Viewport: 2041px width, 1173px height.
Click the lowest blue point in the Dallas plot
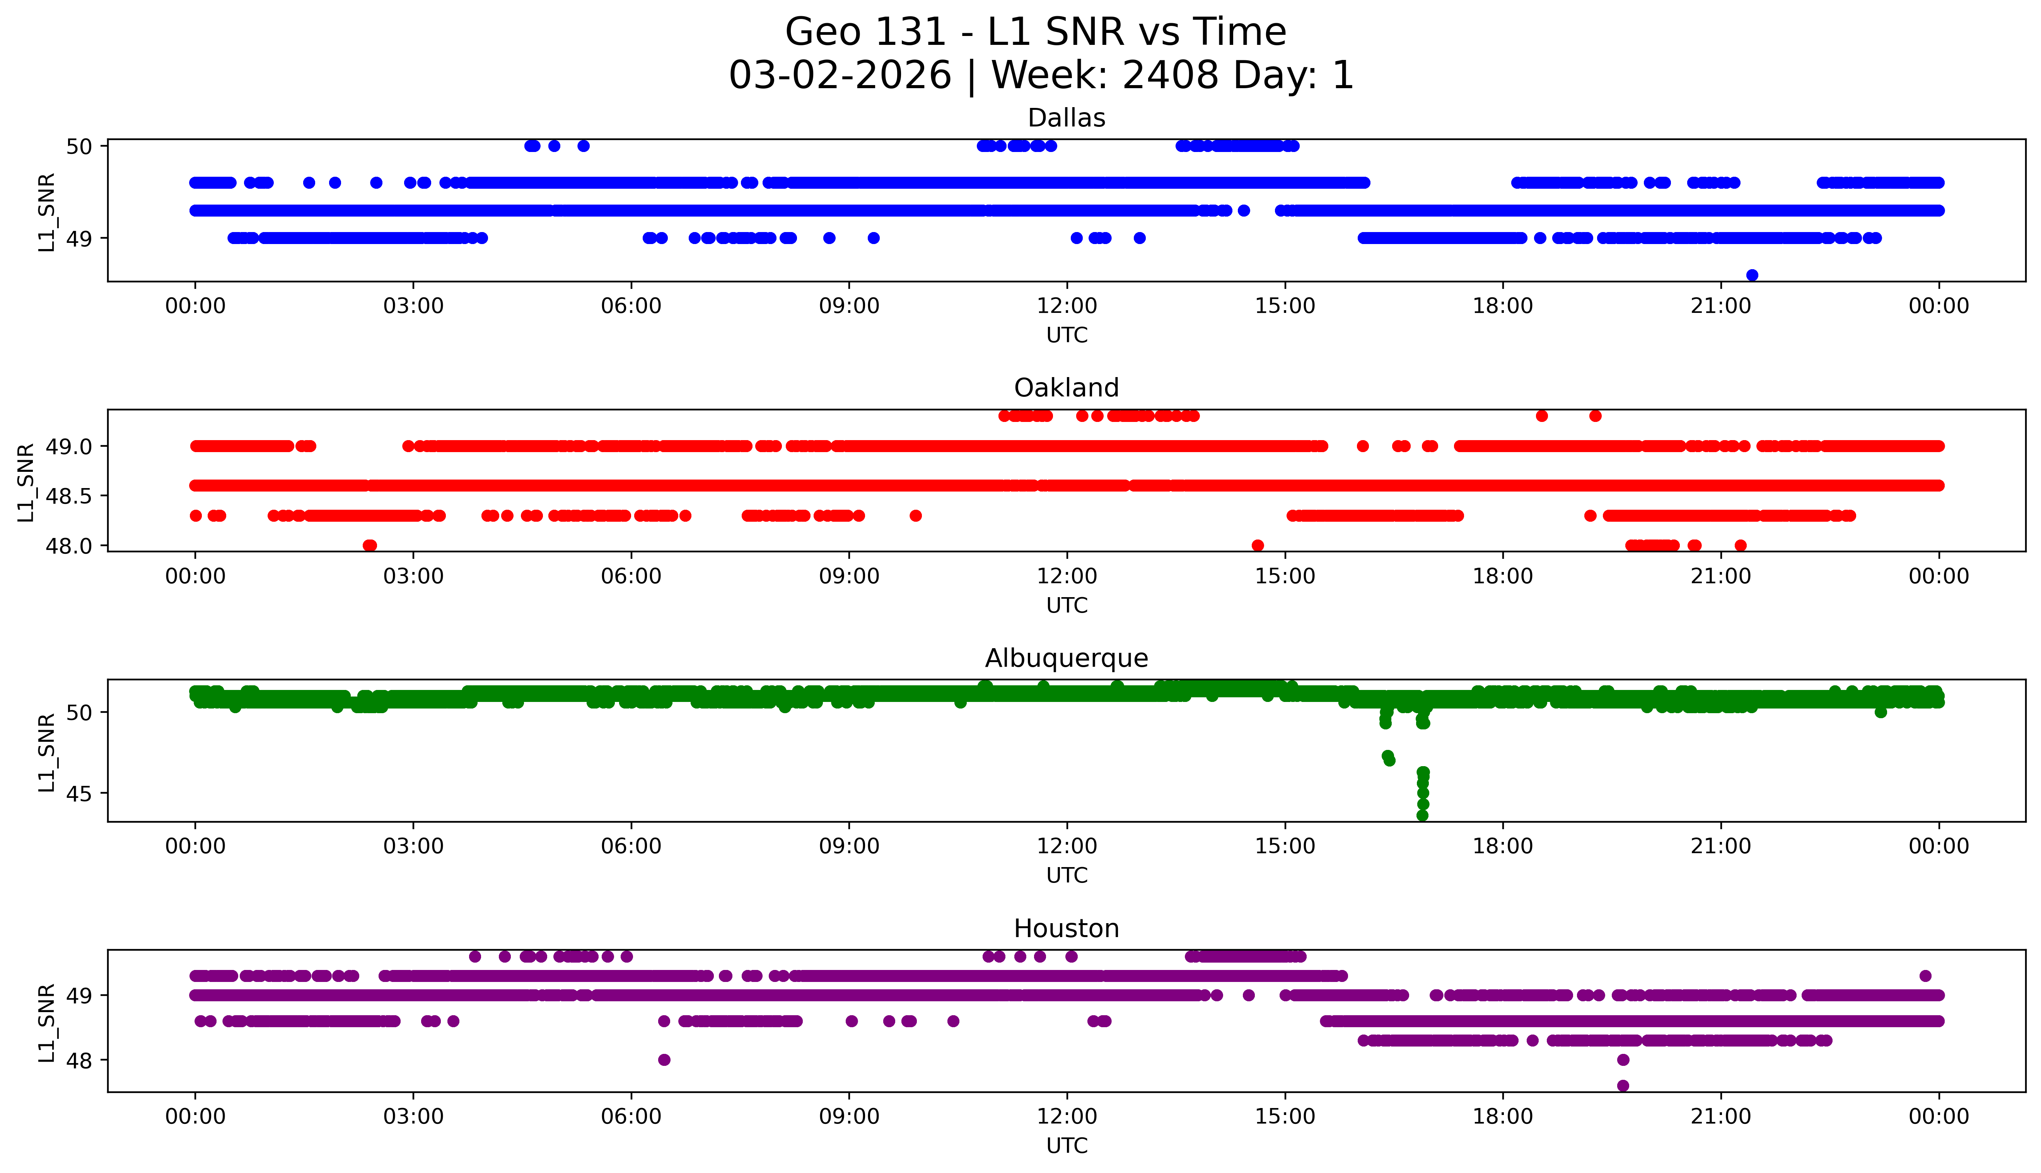coord(1752,275)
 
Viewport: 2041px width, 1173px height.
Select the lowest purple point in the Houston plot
coord(1623,1085)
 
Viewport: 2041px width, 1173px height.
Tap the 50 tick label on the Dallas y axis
coord(80,147)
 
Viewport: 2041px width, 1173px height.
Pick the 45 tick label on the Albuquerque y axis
coord(80,794)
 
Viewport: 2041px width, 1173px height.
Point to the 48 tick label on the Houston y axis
coord(80,1060)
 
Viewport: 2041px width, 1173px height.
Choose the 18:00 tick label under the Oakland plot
coord(1502,576)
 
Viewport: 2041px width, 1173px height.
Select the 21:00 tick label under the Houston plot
coord(1720,1117)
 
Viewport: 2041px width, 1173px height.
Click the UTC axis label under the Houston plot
coord(1067,1145)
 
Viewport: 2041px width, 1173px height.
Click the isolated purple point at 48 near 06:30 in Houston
coord(664,1059)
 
